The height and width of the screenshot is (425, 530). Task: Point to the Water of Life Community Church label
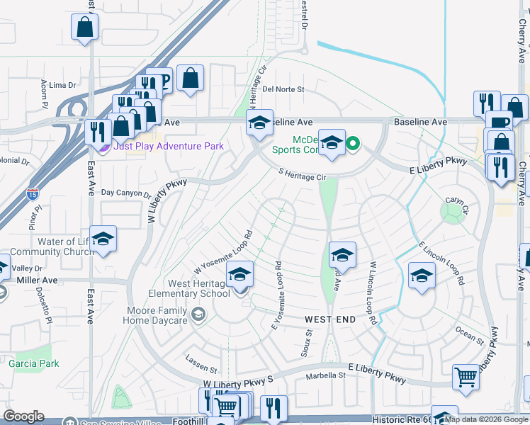[x=54, y=246]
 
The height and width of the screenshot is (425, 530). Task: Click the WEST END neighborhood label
[x=330, y=319]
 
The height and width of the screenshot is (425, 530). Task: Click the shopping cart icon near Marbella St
[x=466, y=378]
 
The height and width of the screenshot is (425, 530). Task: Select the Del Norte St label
[x=283, y=89]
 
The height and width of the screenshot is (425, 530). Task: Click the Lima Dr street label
[x=62, y=85]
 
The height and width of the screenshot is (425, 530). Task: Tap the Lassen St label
[x=201, y=368]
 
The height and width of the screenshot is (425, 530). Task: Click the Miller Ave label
[x=36, y=280]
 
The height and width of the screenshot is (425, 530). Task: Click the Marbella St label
[x=325, y=375]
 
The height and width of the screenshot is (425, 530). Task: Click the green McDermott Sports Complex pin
[x=353, y=145]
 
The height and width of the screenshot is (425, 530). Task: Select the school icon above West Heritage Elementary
[x=239, y=274]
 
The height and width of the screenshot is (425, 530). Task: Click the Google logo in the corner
[x=23, y=416]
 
